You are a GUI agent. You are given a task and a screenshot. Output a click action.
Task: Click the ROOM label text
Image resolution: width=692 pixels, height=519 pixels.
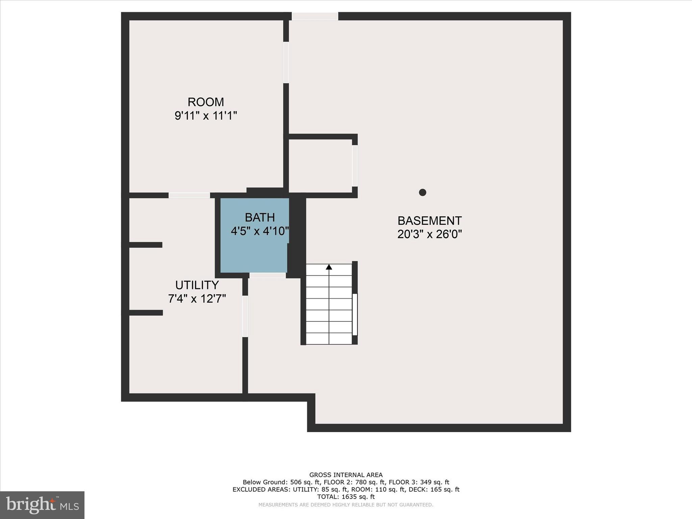click(206, 102)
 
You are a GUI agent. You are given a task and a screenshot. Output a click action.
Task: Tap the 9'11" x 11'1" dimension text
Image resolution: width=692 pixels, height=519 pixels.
click(206, 116)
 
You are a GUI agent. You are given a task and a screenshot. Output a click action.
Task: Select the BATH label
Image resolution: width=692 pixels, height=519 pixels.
click(260, 217)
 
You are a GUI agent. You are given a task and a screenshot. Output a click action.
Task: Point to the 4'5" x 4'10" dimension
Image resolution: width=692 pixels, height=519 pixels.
click(260, 231)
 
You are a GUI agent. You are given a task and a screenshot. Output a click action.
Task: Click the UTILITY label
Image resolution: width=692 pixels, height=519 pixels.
click(197, 285)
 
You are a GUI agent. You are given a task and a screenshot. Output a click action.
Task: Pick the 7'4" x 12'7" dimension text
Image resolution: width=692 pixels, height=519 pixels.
click(197, 299)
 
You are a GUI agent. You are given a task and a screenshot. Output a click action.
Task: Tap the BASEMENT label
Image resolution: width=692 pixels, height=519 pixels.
click(429, 221)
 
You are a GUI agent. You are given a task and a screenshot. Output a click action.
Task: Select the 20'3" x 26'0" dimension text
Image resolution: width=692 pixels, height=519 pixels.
click(429, 234)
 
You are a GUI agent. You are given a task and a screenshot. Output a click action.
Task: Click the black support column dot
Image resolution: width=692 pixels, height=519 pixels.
click(422, 192)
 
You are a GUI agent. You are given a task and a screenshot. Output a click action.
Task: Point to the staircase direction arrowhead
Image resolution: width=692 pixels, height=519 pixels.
click(329, 267)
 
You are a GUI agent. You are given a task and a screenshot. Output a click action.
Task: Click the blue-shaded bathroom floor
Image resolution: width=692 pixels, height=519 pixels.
click(253, 253)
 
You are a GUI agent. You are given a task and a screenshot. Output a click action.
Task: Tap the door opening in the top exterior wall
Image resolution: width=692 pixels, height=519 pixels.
click(315, 16)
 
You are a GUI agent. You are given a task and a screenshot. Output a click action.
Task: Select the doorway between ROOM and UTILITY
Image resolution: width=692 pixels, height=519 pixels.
click(189, 195)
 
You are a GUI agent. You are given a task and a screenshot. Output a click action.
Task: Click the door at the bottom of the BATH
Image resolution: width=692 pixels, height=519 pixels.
click(268, 275)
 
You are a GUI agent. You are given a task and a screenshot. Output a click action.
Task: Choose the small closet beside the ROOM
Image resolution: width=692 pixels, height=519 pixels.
click(320, 166)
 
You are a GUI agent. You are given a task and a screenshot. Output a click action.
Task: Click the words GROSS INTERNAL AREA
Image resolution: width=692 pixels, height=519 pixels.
click(346, 475)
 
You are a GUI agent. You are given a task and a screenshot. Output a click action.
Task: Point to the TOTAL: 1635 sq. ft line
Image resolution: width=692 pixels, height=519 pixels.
click(346, 497)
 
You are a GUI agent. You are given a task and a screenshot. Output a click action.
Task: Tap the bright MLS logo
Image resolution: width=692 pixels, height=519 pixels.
click(42, 505)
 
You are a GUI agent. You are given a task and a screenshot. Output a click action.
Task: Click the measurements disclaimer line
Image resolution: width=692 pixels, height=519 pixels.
click(346, 505)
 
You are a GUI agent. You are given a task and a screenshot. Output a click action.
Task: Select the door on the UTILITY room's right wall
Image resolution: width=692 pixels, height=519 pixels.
click(245, 316)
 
